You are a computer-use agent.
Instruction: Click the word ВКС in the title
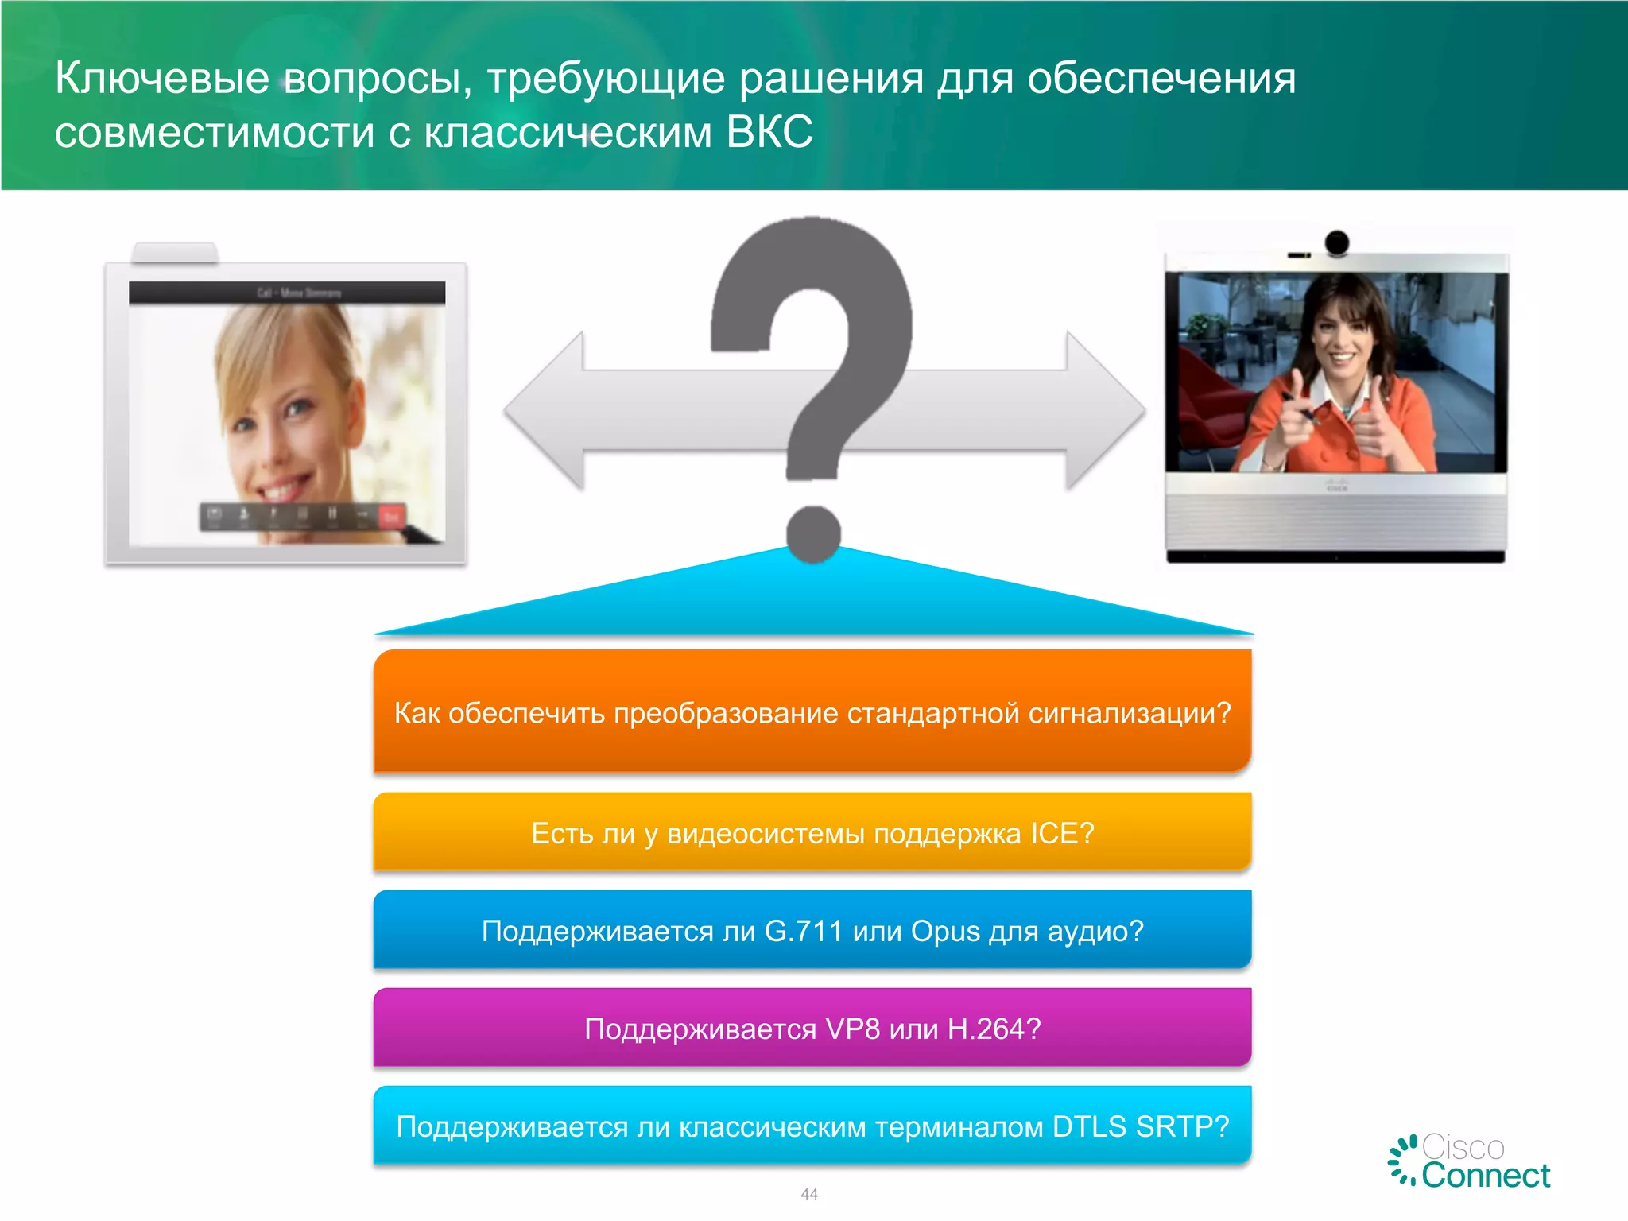769,132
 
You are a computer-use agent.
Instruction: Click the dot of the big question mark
813,533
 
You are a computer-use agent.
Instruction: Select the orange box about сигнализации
812,711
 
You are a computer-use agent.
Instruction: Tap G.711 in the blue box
803,931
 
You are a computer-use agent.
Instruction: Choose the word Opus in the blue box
945,931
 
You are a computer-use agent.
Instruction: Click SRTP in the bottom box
1182,1126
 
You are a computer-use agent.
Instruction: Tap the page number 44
809,1194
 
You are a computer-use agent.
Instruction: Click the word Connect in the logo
1486,1176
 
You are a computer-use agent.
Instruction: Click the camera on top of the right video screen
1337,242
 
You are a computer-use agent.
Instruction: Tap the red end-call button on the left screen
391,517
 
